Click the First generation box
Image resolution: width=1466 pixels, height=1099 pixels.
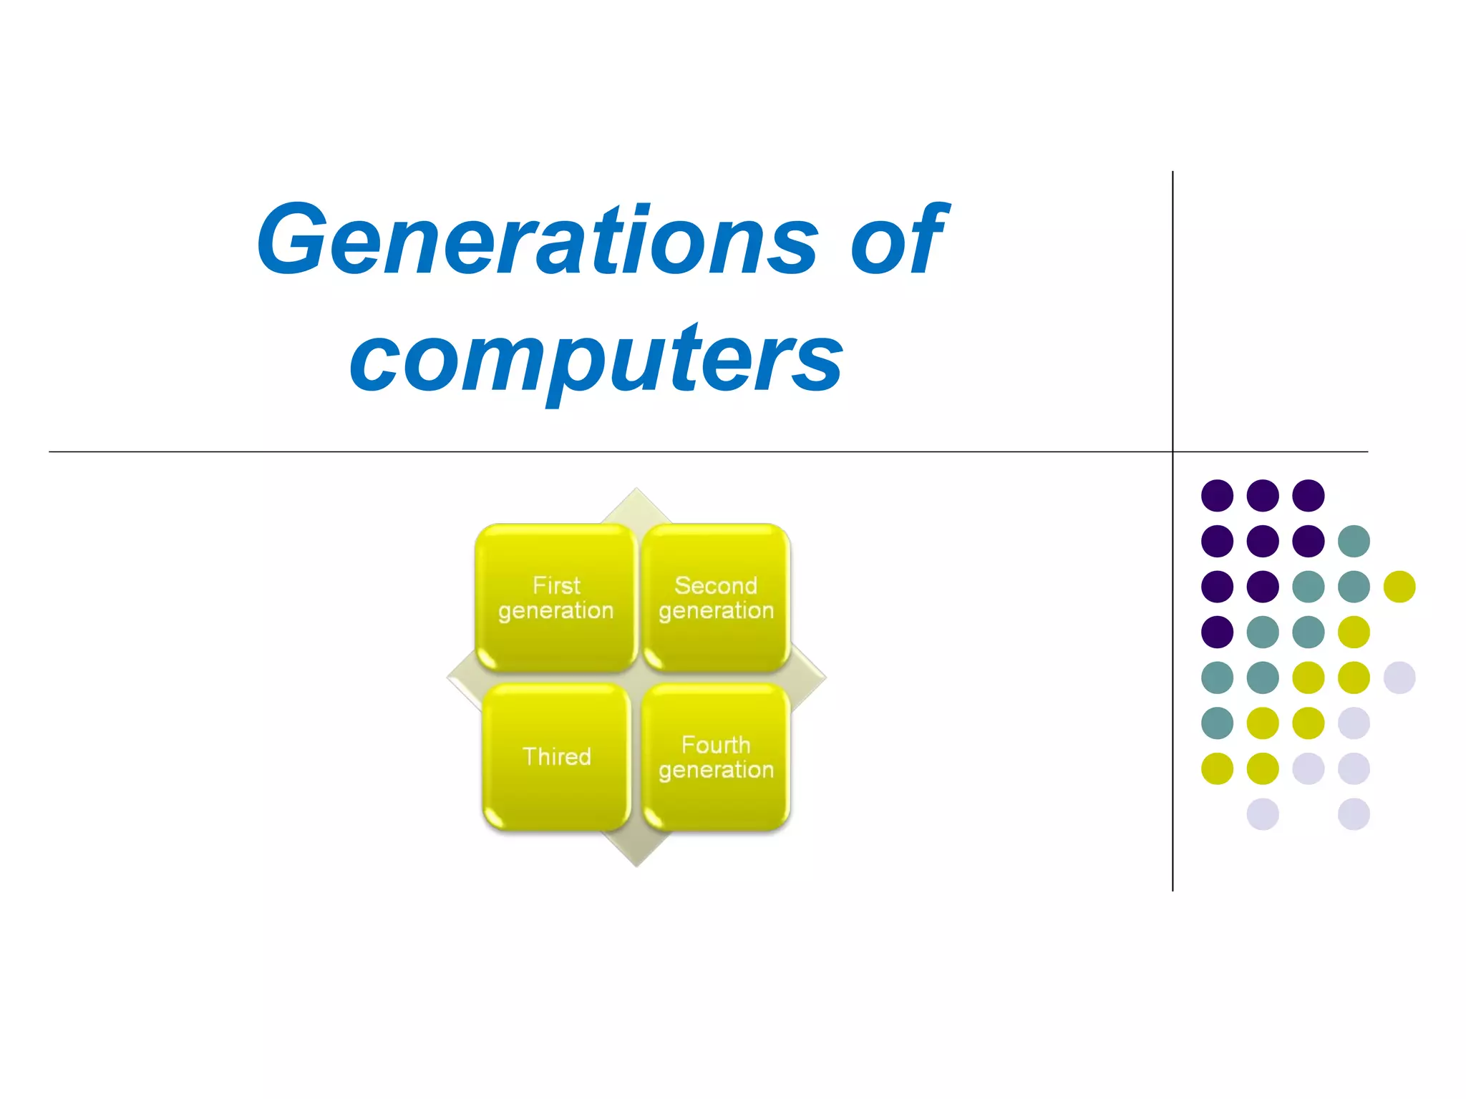(x=556, y=597)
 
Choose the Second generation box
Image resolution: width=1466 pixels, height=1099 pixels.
(x=716, y=597)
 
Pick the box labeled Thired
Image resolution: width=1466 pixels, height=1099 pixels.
(x=556, y=757)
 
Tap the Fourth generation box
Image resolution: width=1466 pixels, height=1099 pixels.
(x=716, y=757)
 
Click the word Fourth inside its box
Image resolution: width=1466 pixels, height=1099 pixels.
(x=716, y=745)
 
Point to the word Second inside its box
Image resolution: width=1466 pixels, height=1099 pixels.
(x=716, y=585)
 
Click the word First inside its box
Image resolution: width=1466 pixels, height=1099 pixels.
(x=556, y=585)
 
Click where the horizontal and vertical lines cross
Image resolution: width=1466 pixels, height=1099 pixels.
(x=1173, y=451)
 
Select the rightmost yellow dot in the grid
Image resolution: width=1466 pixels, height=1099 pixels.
(x=1399, y=587)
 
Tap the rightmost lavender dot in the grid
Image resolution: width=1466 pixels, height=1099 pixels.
(x=1399, y=678)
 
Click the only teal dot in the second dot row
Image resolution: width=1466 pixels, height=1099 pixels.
(x=1354, y=541)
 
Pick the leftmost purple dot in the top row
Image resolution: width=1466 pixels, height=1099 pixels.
(x=1217, y=495)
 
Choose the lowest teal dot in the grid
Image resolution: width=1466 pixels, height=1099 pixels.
(x=1217, y=723)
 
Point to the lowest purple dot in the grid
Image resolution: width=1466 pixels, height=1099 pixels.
(x=1217, y=632)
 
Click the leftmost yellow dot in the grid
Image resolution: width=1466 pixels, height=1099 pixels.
(x=1217, y=768)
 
